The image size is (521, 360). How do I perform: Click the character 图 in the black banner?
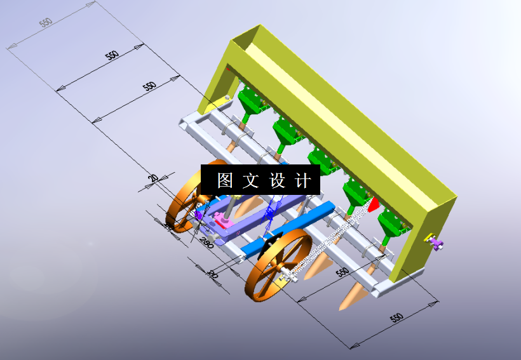pyautogui.click(x=225, y=181)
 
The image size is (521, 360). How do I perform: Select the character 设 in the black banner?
pyautogui.click(x=278, y=181)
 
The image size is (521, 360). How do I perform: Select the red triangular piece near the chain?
pyautogui.click(x=374, y=204)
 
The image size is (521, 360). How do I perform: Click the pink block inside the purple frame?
pyautogui.click(x=223, y=220)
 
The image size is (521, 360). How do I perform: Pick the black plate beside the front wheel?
pyautogui.click(x=272, y=243)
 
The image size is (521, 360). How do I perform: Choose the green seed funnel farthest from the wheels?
pyautogui.click(x=251, y=101)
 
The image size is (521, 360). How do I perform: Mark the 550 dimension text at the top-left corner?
pyautogui.click(x=46, y=23)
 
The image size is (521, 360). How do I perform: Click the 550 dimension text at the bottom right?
pyautogui.click(x=396, y=317)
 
